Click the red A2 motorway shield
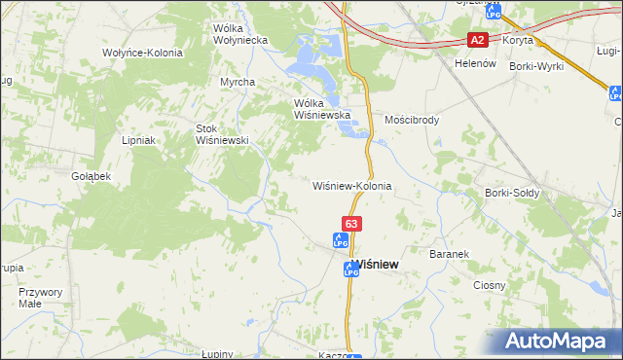pyautogui.click(x=477, y=40)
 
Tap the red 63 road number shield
pyautogui.click(x=352, y=224)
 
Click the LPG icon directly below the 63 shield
pyautogui.click(x=341, y=239)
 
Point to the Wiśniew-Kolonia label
pyautogui.click(x=351, y=185)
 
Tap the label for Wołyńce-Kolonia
pyautogui.click(x=142, y=53)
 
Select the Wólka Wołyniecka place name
pyautogui.click(x=240, y=35)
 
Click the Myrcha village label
pyautogui.click(x=238, y=83)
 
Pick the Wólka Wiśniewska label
pyautogui.click(x=321, y=108)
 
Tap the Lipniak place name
pyautogui.click(x=139, y=140)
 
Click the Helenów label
pyautogui.click(x=476, y=63)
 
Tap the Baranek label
pyautogui.click(x=450, y=254)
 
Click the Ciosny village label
pyautogui.click(x=490, y=285)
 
